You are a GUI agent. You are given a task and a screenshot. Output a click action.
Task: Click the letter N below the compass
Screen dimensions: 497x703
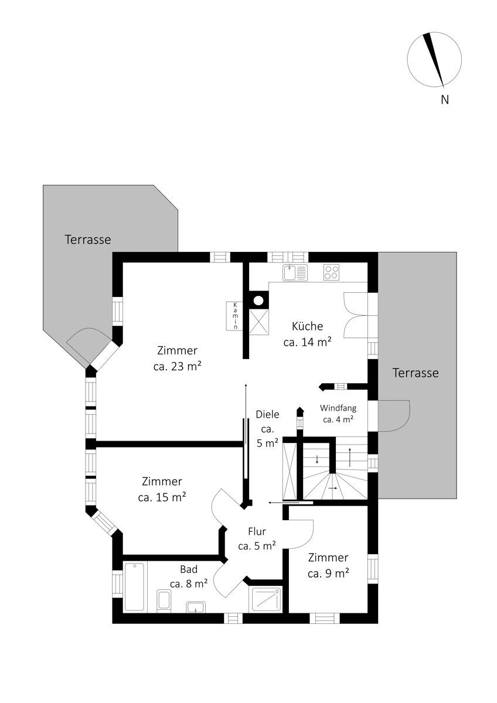pos(445,100)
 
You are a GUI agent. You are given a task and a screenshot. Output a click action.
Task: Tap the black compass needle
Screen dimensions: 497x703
pos(434,59)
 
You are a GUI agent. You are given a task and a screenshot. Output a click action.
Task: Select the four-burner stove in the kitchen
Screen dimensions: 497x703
pos(332,272)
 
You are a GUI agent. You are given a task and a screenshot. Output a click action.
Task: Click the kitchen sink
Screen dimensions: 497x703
pos(295,272)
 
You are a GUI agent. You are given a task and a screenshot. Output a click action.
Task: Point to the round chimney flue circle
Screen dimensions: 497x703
pos(258,301)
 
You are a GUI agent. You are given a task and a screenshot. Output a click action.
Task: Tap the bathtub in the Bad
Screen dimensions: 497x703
pos(134,587)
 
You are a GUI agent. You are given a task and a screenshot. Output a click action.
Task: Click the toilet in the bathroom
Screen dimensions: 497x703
pos(164,600)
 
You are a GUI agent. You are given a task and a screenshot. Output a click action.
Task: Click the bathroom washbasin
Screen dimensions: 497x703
pos(196,607)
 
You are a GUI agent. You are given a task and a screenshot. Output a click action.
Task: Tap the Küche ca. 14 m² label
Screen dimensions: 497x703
pos(307,335)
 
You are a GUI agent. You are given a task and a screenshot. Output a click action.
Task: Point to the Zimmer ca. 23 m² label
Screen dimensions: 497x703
pos(178,359)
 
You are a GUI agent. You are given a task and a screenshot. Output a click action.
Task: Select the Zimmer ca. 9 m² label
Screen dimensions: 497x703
pos(328,565)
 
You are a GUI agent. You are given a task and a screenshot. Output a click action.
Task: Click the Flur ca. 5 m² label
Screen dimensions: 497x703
pos(257,538)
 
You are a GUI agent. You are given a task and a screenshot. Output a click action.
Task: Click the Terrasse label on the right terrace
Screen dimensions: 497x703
pos(416,373)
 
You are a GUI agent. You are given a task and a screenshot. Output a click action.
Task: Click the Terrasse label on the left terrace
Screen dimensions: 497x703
pos(88,240)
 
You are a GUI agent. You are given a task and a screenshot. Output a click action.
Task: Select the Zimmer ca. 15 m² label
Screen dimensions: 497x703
pos(162,489)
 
